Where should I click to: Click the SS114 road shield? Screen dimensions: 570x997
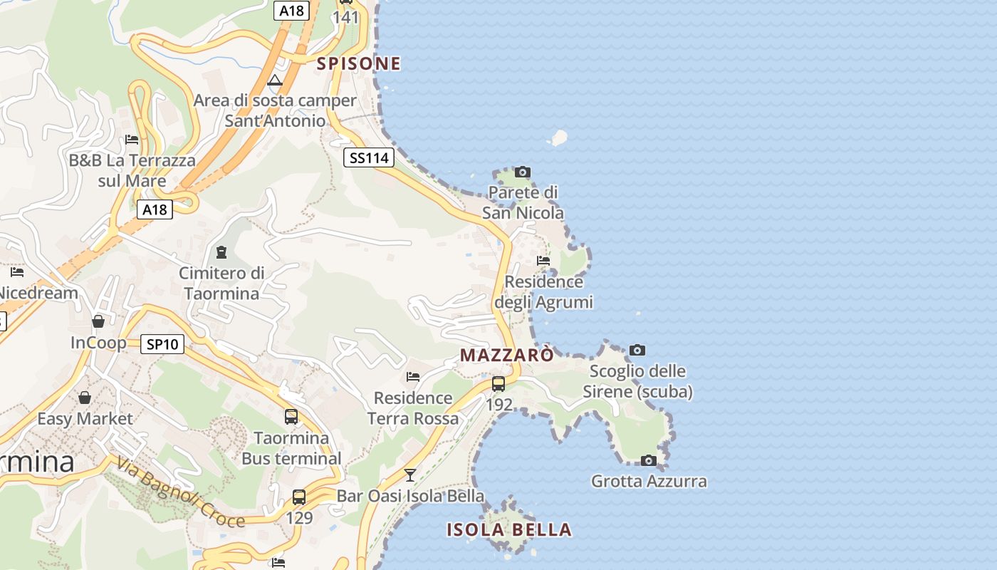point(368,157)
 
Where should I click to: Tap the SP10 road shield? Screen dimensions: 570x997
point(162,344)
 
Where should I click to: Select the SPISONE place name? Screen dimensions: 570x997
point(359,63)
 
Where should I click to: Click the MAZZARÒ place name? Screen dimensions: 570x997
point(506,355)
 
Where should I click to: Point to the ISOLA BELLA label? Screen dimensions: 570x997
point(509,529)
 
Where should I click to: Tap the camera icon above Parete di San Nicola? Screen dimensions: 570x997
point(523,172)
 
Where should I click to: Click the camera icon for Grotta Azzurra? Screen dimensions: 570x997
point(648,460)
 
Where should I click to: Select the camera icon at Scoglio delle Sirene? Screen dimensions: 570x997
point(637,350)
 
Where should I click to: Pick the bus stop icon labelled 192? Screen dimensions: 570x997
point(499,384)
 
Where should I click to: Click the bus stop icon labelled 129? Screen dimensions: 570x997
point(299,497)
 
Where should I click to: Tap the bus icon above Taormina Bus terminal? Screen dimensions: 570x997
point(291,417)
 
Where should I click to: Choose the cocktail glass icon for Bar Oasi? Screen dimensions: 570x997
point(410,475)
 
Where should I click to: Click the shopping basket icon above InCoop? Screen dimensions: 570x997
point(98,321)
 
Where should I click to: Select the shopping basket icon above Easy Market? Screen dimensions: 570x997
point(85,397)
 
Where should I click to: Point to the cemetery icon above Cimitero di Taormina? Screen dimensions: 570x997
point(221,252)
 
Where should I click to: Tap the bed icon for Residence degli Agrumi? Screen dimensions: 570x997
point(543,260)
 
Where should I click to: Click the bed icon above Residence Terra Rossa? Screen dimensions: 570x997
point(413,376)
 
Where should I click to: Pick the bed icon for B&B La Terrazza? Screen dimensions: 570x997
point(132,139)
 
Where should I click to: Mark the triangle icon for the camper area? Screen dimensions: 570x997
point(275,79)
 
